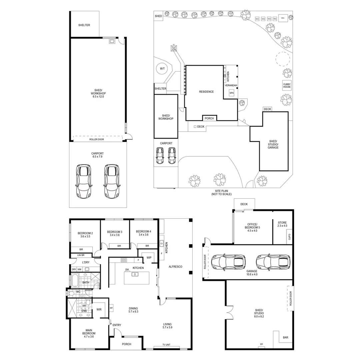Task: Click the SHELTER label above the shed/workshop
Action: (84, 25)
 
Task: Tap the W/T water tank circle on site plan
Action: (162, 69)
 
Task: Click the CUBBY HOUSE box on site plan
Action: (287, 85)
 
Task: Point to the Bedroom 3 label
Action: (114, 233)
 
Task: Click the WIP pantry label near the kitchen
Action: (149, 257)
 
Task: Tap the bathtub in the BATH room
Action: (75, 281)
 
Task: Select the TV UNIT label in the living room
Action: (166, 345)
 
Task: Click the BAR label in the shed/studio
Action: (286, 337)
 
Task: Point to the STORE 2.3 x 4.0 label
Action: (282, 224)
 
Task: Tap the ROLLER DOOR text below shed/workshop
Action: (96, 139)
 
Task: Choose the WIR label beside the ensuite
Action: (99, 310)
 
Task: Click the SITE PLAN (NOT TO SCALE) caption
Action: (221, 192)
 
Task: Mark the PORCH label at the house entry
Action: (127, 344)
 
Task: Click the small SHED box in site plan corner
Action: (158, 16)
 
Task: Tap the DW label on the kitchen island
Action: (127, 269)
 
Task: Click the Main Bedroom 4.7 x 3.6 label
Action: (89, 333)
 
